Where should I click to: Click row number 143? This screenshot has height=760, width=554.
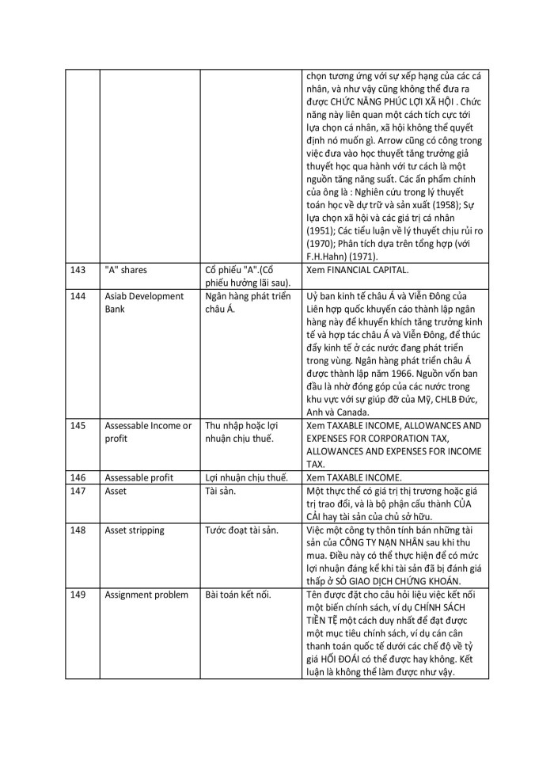click(78, 270)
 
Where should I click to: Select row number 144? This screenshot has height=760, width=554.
click(78, 297)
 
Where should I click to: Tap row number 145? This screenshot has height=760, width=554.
click(78, 425)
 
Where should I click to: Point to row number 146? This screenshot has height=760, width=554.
click(78, 477)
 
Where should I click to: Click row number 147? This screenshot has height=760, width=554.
click(78, 491)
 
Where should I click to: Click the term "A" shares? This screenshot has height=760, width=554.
click(126, 270)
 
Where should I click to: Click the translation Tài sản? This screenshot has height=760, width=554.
click(222, 491)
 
